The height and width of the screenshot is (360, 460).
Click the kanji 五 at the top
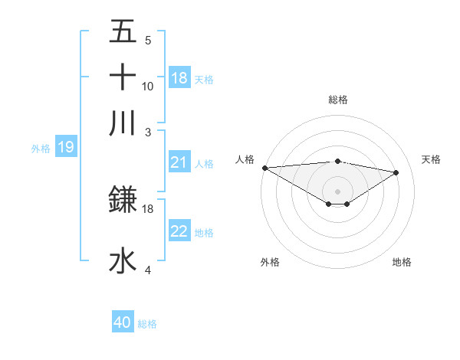pos(123,33)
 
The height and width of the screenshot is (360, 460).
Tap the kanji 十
pos(123,77)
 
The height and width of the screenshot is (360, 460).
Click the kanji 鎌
pos(123,200)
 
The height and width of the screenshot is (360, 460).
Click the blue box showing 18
pos(179,77)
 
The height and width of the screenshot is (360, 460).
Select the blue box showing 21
pos(179,162)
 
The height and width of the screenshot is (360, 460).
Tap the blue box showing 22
pos(179,231)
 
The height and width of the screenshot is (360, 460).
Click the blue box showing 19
pos(65,147)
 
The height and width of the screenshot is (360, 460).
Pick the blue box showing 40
pos(123,322)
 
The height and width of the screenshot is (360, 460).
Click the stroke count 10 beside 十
pos(148,86)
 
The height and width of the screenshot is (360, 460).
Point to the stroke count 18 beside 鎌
pos(148,208)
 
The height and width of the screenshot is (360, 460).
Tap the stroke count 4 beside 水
pos(148,270)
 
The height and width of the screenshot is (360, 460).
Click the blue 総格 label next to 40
pos(147,324)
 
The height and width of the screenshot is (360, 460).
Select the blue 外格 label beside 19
pos(41,149)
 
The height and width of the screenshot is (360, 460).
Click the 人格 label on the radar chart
pos(245,159)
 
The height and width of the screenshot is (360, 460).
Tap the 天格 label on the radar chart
pos(431,159)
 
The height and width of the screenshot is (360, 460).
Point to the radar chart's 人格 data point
pos(264,168)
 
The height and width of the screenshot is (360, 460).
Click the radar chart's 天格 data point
pos(396,172)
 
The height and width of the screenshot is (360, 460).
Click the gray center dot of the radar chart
pos(337,191)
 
